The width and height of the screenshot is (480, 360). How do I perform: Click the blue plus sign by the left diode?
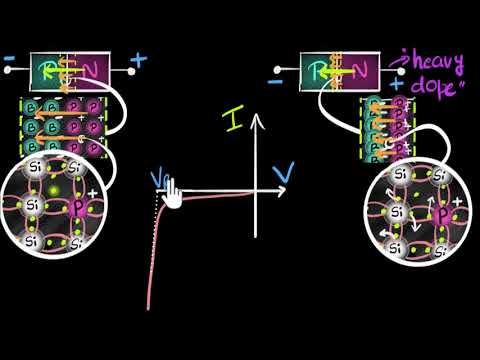[137, 59]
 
